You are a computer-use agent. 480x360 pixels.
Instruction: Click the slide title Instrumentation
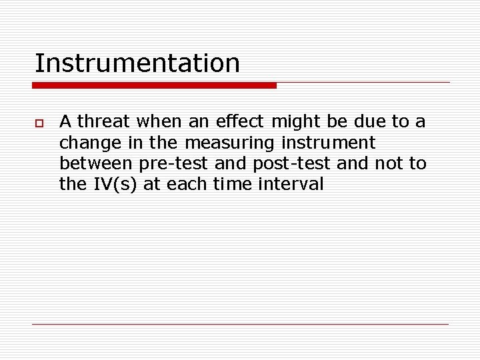(x=137, y=63)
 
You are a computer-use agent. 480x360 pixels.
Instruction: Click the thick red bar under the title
(x=154, y=85)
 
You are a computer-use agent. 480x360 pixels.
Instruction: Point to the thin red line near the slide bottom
(x=240, y=324)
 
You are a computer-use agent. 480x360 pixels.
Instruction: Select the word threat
(x=105, y=122)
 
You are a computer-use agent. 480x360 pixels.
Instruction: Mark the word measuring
(x=228, y=143)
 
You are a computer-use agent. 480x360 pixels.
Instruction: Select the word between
(x=96, y=164)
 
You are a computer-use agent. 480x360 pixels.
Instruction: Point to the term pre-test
(x=174, y=164)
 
